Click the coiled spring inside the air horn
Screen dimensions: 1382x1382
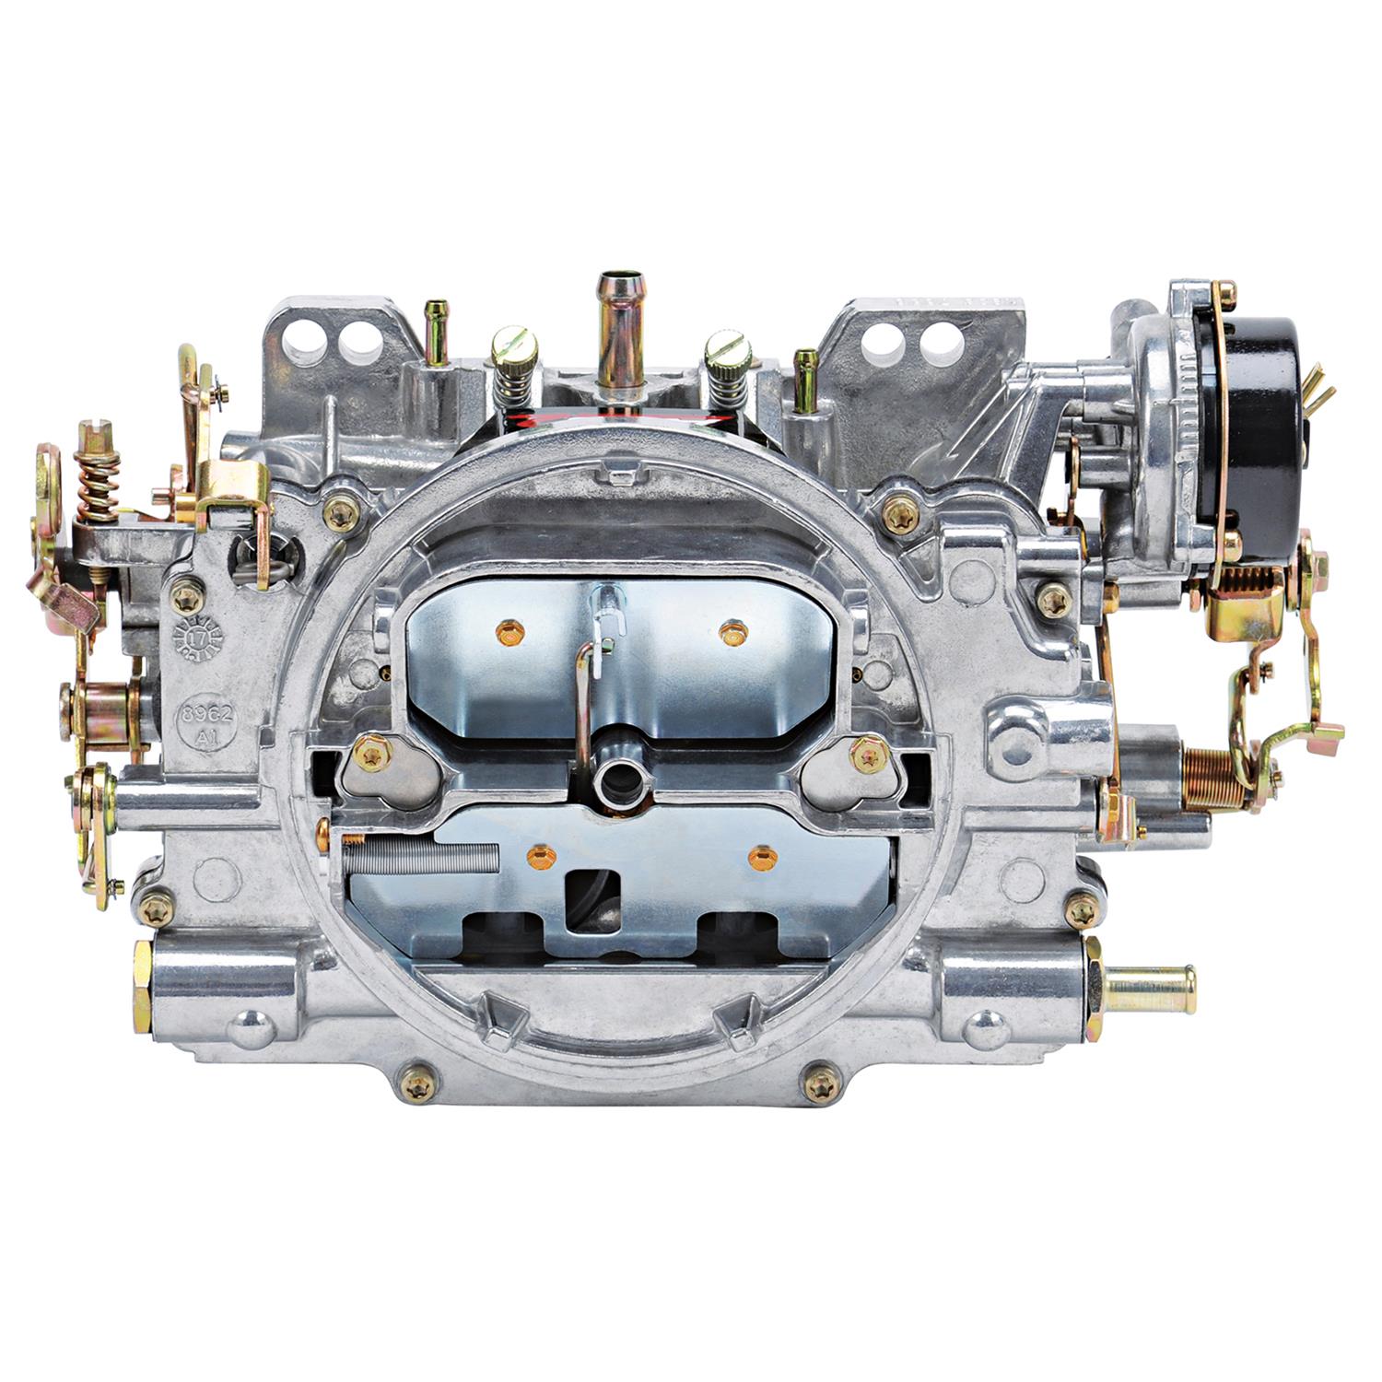click(420, 857)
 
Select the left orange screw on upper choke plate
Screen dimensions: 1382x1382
click(507, 632)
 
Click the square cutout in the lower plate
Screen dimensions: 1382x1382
click(595, 892)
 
